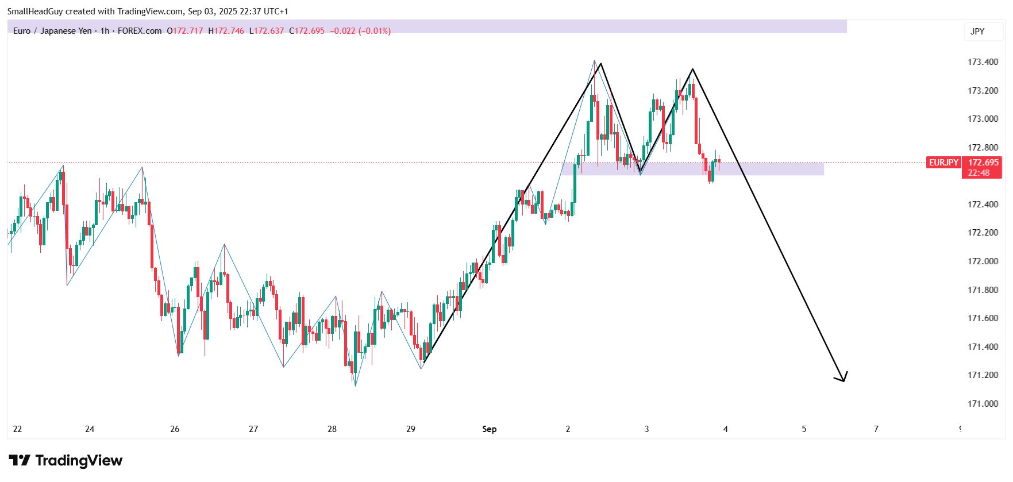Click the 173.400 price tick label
tap(983, 62)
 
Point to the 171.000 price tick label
tap(983, 404)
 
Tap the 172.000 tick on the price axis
tap(983, 261)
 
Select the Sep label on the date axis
tap(489, 429)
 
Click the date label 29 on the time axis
tap(410, 429)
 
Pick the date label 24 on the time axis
tap(90, 429)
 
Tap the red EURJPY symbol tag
tap(943, 163)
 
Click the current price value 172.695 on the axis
tap(983, 163)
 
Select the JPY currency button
tap(977, 32)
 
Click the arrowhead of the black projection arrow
tap(843, 379)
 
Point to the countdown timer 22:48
tap(979, 173)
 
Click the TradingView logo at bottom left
tap(66, 461)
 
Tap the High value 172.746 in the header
tap(229, 31)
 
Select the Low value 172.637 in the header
tap(269, 31)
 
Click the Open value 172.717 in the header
tap(188, 31)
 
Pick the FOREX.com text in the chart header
tap(140, 31)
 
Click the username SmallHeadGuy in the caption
tap(34, 11)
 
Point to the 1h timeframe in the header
tap(105, 31)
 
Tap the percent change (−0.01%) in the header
tap(375, 31)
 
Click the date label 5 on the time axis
tap(804, 429)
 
